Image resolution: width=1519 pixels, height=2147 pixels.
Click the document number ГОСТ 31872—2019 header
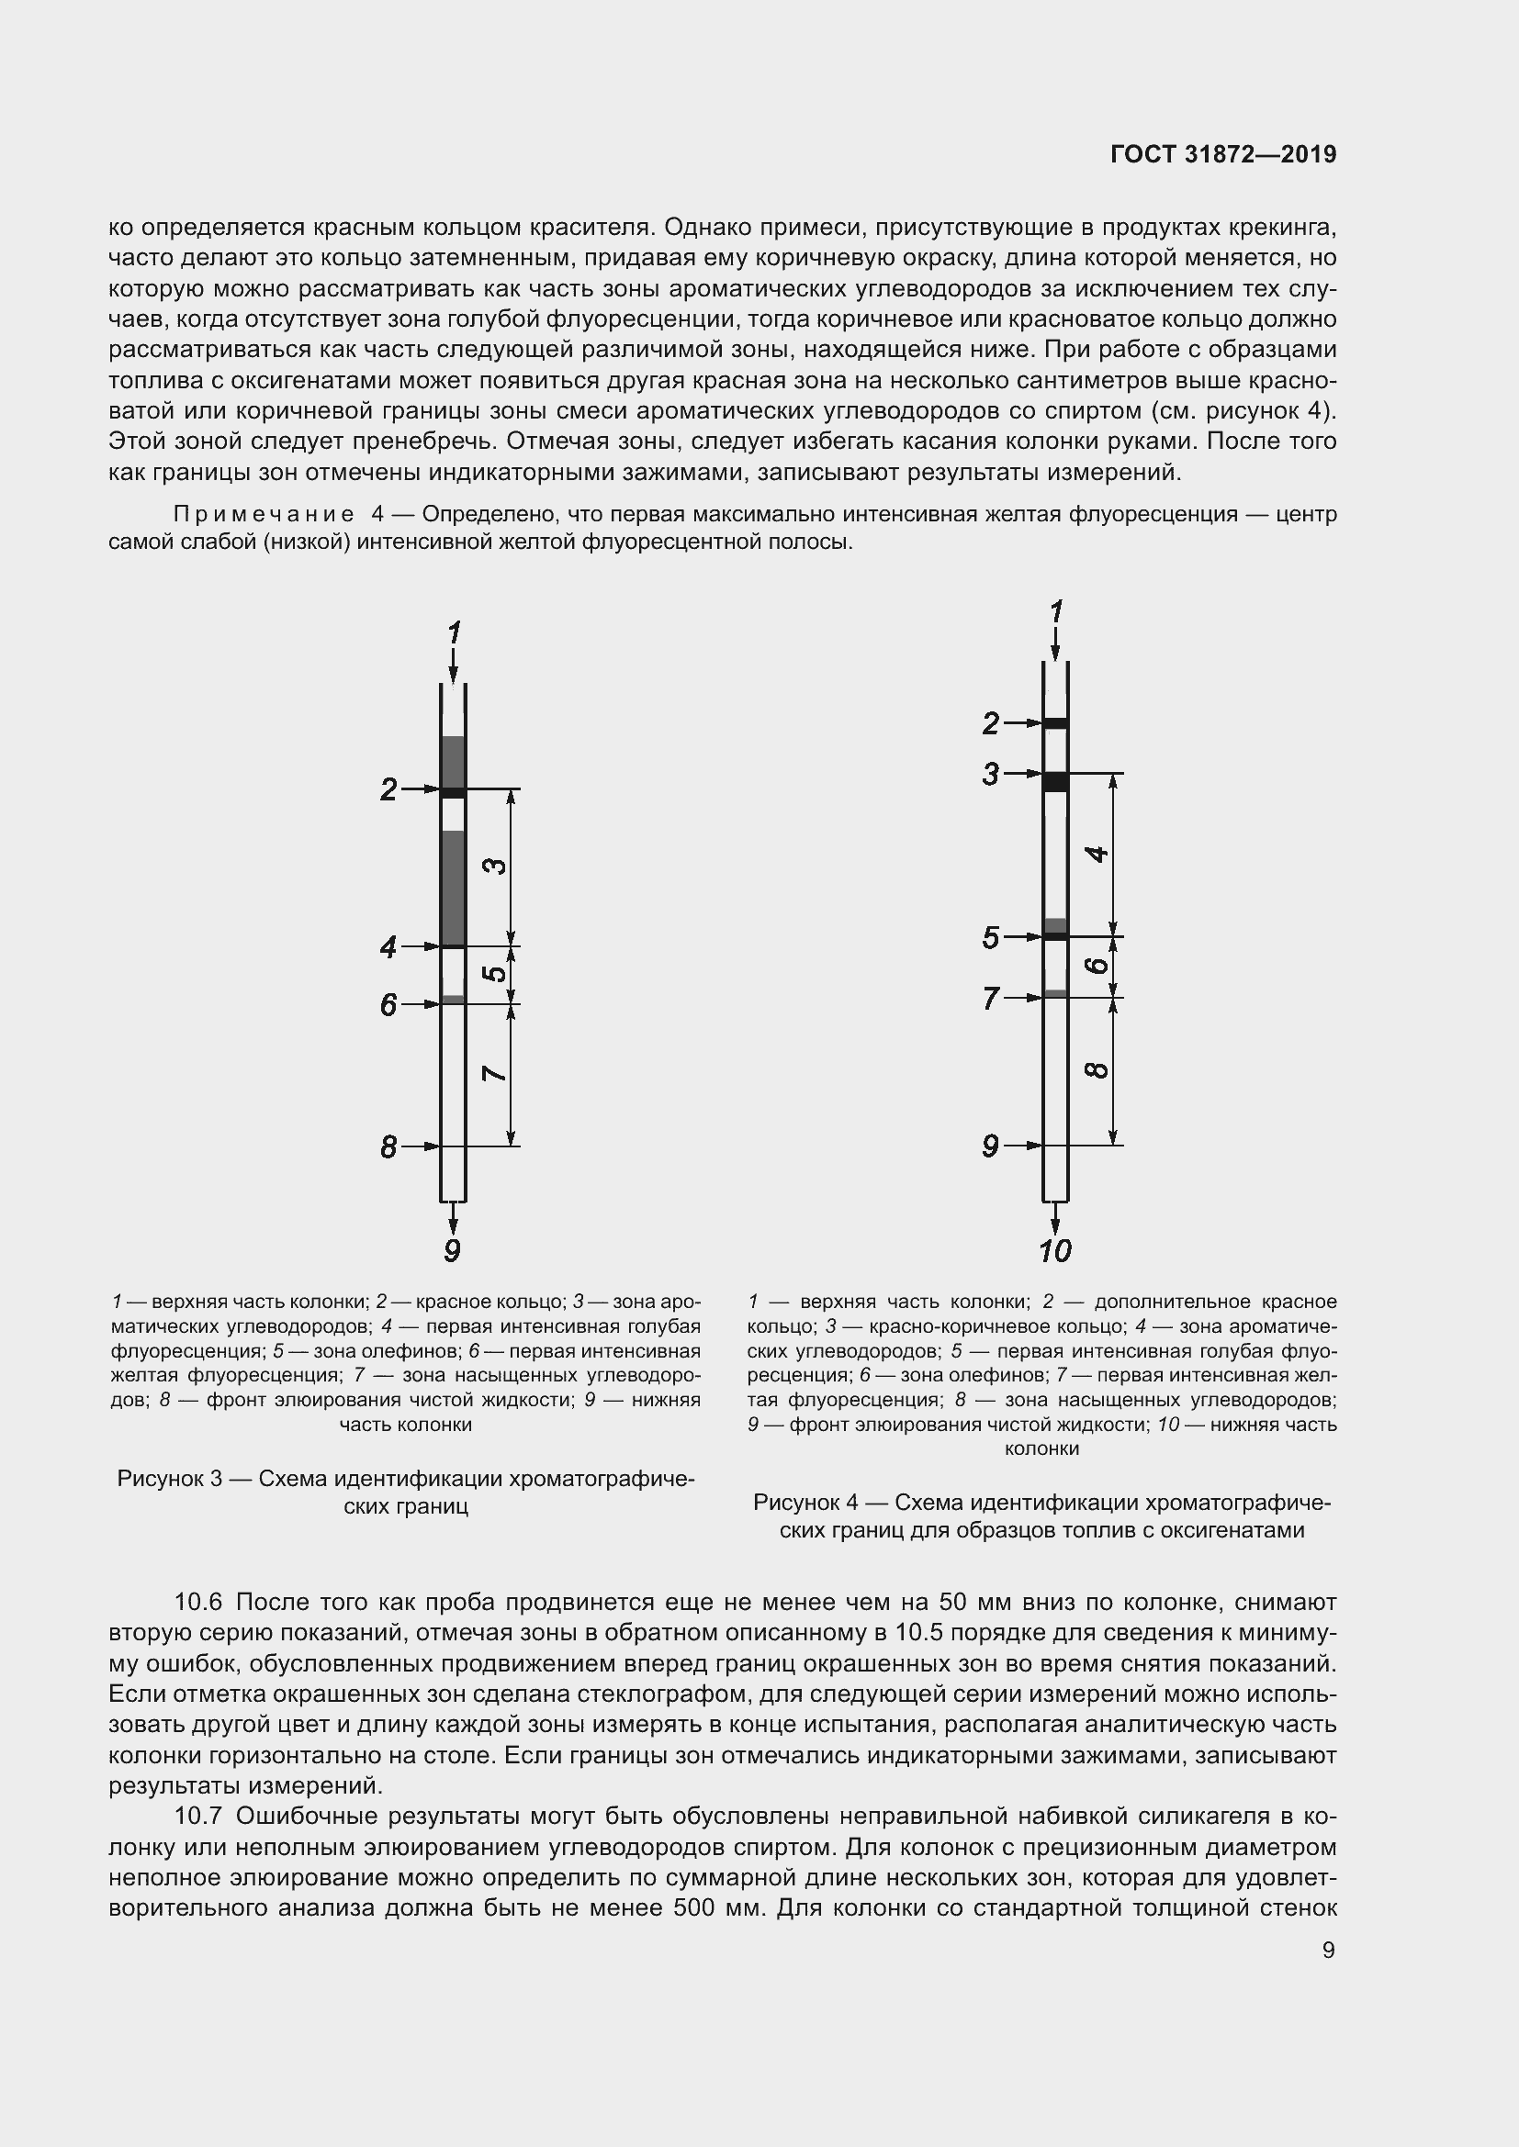tap(1222, 154)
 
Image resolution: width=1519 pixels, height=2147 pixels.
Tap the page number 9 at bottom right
tap(1328, 1950)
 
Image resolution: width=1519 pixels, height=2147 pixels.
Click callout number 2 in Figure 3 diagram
tap(389, 790)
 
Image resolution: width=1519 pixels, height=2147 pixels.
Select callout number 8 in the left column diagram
tap(389, 1146)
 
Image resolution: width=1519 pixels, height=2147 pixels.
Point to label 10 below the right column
tap(1055, 1251)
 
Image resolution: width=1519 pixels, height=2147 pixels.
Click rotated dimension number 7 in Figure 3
tap(495, 1072)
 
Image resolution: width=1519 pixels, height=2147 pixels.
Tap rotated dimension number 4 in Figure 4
tap(1098, 854)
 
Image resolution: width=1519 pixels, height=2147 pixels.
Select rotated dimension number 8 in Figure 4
tap(1098, 1068)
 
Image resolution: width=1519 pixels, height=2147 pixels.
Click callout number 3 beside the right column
tap(991, 775)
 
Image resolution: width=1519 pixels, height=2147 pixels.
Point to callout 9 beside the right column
tap(991, 1146)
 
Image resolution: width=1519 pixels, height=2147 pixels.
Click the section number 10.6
tap(197, 1602)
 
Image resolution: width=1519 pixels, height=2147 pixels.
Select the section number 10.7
tap(197, 1816)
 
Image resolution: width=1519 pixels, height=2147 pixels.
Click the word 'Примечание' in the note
tap(264, 514)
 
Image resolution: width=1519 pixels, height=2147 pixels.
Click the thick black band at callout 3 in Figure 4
tap(1055, 782)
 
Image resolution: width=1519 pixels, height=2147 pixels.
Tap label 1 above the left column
tap(454, 633)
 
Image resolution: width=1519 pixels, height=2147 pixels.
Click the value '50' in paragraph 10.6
tap(952, 1602)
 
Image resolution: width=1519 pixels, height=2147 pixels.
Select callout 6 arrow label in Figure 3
tap(389, 1005)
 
